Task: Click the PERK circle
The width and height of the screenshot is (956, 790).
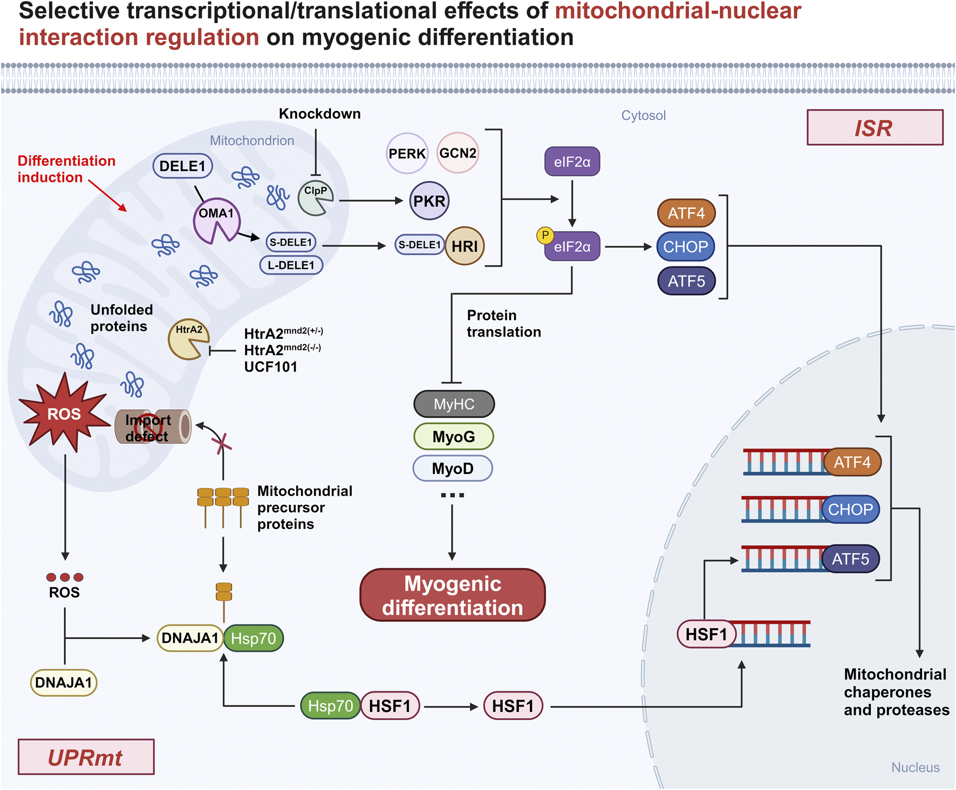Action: point(407,154)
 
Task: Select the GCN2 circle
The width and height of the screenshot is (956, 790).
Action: point(457,153)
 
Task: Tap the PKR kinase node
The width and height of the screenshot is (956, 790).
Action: point(429,201)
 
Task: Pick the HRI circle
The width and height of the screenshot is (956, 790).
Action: point(465,246)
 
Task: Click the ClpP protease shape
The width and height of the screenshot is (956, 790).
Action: point(315,198)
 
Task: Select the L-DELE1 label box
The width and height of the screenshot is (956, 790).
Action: point(291,265)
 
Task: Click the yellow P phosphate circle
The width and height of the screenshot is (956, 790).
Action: point(545,235)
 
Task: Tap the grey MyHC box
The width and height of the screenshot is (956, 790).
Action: point(454,404)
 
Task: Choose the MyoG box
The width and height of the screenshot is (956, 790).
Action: point(454,437)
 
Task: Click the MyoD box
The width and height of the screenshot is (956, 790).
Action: point(453,469)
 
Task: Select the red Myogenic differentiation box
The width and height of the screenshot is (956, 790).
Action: point(453,595)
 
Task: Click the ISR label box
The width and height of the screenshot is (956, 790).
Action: point(875,128)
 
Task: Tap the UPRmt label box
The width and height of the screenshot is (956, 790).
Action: point(86,757)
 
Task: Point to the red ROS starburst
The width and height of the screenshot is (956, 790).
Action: point(64,414)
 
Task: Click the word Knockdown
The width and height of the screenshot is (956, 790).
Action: point(319,114)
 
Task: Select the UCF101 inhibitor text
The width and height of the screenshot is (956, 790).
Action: point(270,367)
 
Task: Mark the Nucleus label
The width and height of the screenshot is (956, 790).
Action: point(915,767)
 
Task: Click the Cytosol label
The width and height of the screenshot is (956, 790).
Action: point(643,115)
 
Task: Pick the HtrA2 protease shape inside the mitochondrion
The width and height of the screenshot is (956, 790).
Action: point(187,339)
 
